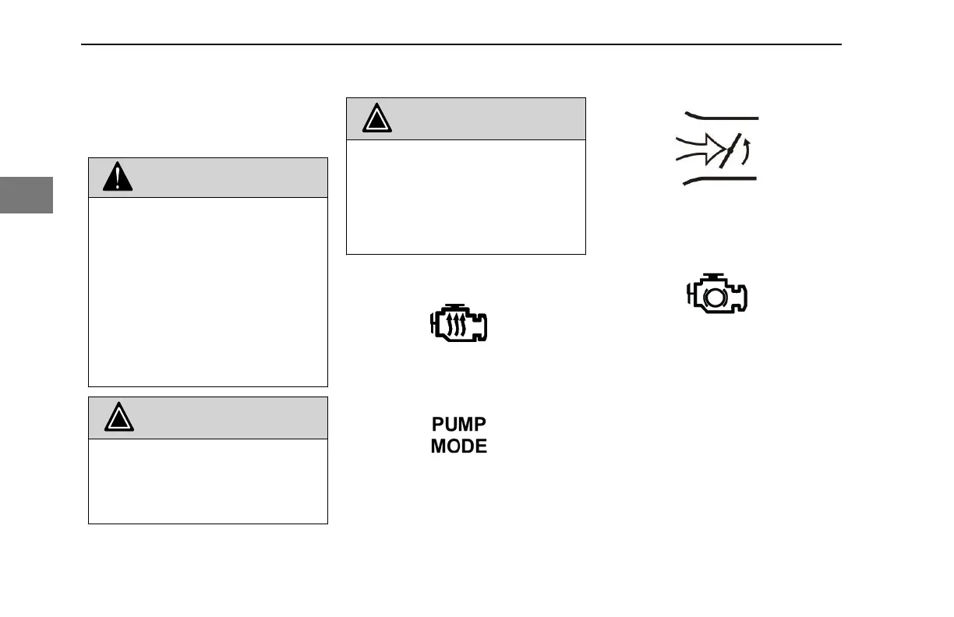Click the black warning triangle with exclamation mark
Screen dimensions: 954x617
pos(118,178)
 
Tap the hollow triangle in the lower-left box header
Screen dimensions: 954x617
pos(119,418)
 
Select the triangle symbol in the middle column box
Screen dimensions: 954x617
pos(376,119)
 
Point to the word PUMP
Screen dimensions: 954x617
pos(459,425)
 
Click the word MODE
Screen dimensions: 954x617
pos(459,446)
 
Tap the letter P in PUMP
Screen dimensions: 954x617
pos(439,425)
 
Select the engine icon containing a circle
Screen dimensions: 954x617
pos(717,294)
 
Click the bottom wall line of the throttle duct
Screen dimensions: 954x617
pos(721,179)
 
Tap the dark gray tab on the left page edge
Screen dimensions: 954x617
pos(26,195)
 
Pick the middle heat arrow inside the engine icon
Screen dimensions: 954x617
pos(460,325)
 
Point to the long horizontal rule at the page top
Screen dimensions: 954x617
pos(461,44)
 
